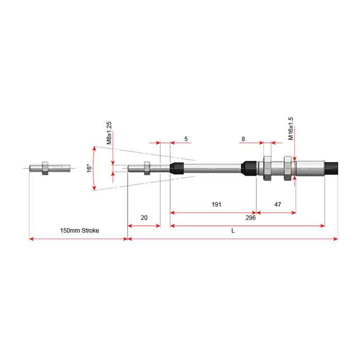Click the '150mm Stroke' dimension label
pos(79,231)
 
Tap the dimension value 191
pos(217,204)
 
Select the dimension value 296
pos(251,217)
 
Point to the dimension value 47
pos(277,204)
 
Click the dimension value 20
pos(144,218)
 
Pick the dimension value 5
pos(186,139)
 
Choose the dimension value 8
pos(243,139)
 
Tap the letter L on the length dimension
pos(233,231)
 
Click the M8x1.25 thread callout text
pos(109,133)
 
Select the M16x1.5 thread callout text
pos(291,128)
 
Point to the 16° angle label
pos(88,168)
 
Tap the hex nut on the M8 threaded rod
pos(147,168)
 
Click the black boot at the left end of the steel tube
pos(177,168)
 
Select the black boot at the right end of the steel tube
pos(249,168)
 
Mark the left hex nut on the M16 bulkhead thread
pos(267,168)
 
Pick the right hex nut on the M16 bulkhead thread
pos(288,168)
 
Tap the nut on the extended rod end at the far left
pos(45,168)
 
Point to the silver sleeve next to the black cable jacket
pos(310,168)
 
